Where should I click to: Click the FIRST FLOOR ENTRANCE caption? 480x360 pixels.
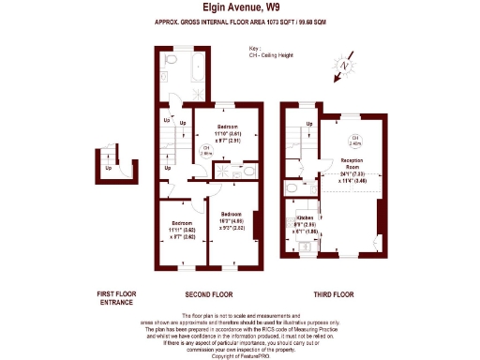(117, 297)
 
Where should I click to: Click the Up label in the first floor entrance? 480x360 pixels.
(109, 169)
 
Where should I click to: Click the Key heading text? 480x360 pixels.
(253, 49)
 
